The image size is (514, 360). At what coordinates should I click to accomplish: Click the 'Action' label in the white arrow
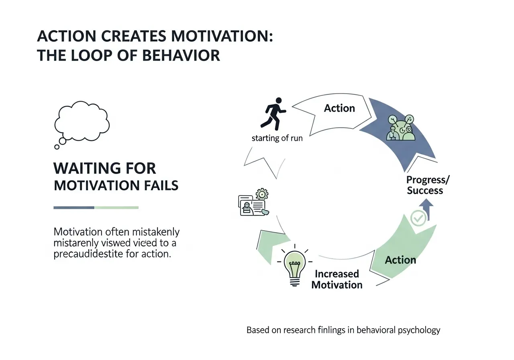[x=339, y=108]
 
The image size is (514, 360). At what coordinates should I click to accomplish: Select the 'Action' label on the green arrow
[x=400, y=260]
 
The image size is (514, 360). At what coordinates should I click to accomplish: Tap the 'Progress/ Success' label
[x=428, y=185]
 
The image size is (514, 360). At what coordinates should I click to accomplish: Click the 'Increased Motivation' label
[x=337, y=279]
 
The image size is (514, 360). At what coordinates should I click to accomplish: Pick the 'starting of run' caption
[x=277, y=139]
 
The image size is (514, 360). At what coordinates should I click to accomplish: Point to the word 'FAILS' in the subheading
[x=159, y=186]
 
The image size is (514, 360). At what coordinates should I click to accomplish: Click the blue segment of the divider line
[x=74, y=208]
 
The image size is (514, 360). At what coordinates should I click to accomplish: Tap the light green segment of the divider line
[x=116, y=208]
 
